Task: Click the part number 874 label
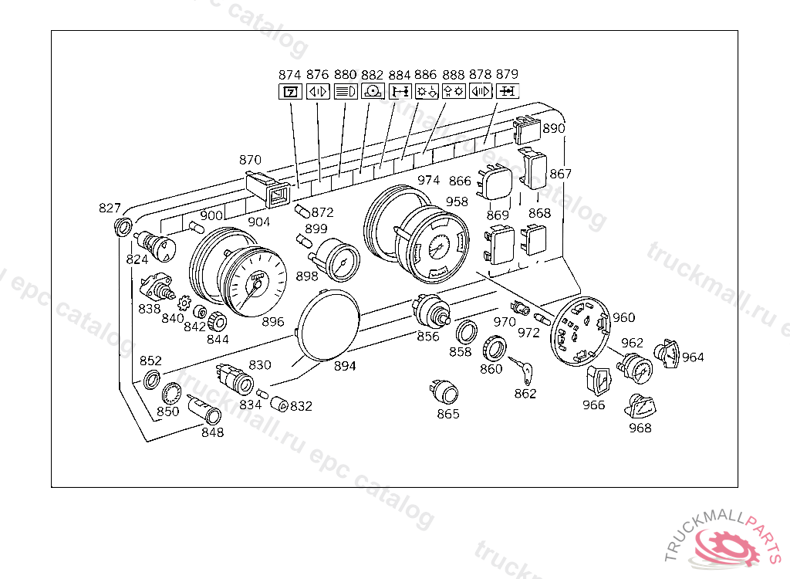[x=289, y=75]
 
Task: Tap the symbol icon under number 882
[x=372, y=91]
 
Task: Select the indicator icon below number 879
[x=507, y=91]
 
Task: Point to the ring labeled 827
[x=121, y=227]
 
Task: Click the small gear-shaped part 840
[x=184, y=303]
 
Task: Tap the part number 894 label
[x=345, y=366]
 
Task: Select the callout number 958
[x=457, y=201]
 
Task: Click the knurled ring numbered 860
[x=495, y=348]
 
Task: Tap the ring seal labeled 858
[x=465, y=334]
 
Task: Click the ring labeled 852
[x=152, y=378]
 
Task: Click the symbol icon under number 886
[x=427, y=91]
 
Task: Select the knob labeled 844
[x=217, y=322]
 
